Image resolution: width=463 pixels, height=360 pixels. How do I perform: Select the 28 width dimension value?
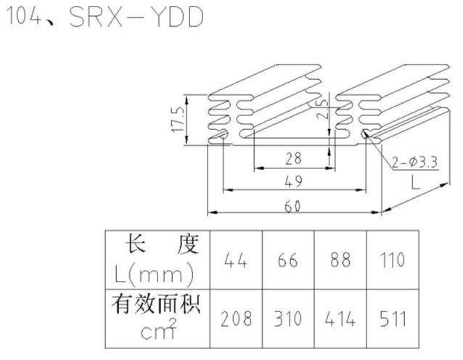point(293,158)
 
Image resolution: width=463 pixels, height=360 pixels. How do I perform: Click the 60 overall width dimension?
point(292,207)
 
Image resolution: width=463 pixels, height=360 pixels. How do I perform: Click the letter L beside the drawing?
point(414,184)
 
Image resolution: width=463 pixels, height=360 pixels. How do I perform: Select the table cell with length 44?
point(237,260)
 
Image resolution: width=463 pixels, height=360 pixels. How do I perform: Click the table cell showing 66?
point(288,260)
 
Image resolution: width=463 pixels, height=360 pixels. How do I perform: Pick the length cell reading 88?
point(340,260)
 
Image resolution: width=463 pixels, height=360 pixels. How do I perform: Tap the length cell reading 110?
point(392,260)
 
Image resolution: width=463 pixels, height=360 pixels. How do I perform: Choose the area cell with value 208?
point(237,318)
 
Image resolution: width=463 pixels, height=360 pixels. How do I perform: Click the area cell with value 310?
point(288,318)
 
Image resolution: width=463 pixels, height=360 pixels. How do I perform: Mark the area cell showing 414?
point(340,318)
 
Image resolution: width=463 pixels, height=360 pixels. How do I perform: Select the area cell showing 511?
point(392,318)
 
